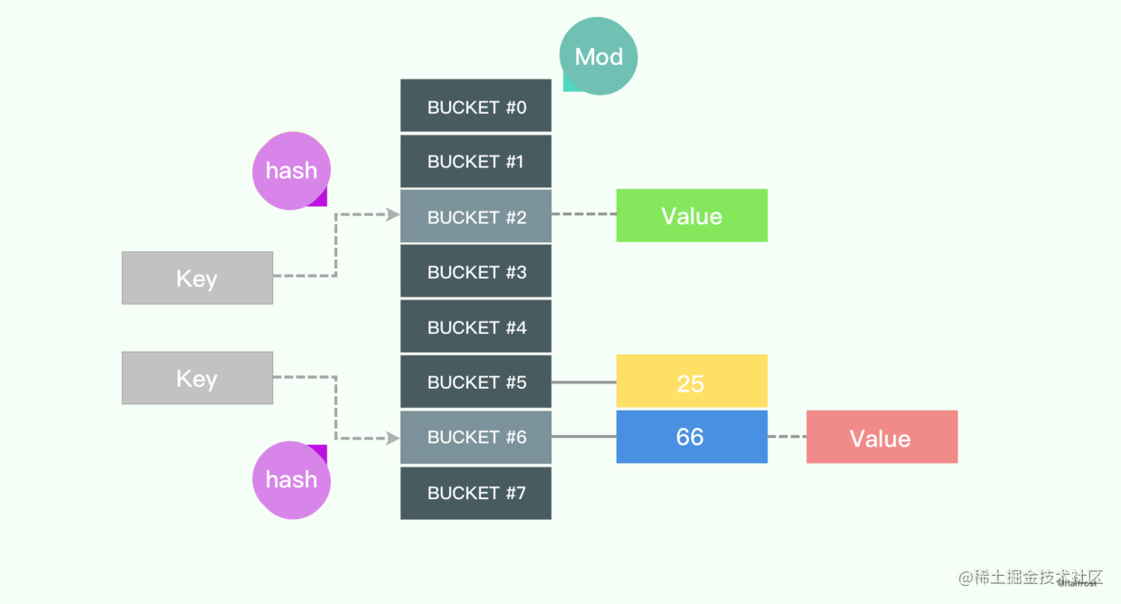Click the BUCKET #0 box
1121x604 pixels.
coord(476,107)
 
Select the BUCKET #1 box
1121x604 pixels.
coord(476,162)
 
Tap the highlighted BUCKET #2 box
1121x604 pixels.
coord(476,217)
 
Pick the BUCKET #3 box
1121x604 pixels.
coord(476,272)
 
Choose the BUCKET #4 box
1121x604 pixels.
coord(476,327)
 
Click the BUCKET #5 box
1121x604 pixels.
coord(476,382)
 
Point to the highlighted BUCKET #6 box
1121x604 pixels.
coord(476,438)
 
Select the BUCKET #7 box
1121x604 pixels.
coord(476,493)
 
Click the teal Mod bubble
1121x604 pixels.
coord(598,56)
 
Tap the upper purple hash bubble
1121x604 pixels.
coord(291,170)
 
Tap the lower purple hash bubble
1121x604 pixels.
coord(291,479)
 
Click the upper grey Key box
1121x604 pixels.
coord(197,278)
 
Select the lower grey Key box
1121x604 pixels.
coord(197,378)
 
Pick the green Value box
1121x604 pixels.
coord(692,215)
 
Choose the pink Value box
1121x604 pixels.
coord(881,438)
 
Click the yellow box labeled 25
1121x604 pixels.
coord(692,382)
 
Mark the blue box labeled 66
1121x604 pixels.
coord(692,437)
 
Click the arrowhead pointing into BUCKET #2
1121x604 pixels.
coord(393,215)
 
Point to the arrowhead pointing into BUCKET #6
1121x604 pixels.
coord(393,439)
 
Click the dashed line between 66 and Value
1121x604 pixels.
coord(787,437)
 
